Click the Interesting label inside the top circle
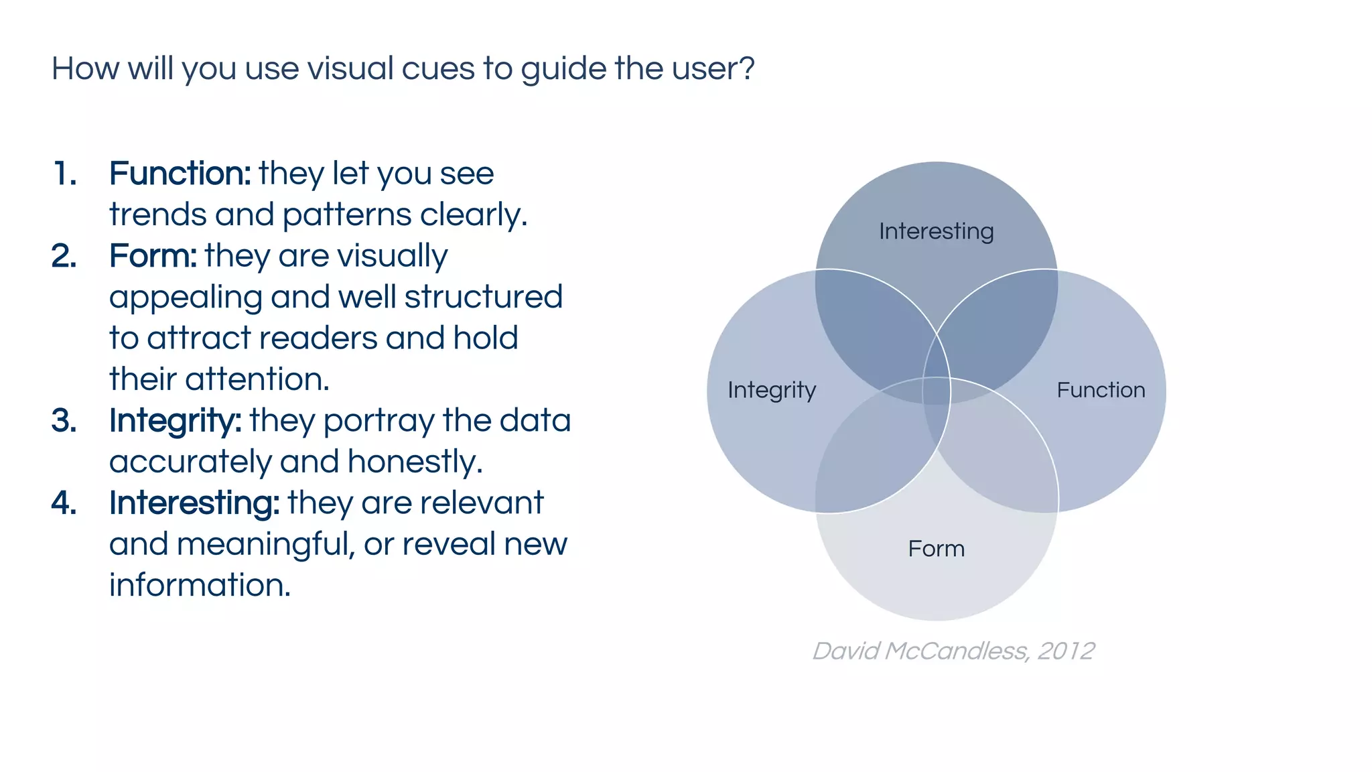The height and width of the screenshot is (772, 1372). pyautogui.click(x=936, y=231)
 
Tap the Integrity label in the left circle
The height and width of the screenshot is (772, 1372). pyautogui.click(x=772, y=390)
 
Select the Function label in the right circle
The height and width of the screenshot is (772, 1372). pyautogui.click(x=1101, y=390)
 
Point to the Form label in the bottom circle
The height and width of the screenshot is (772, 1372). pyautogui.click(x=936, y=549)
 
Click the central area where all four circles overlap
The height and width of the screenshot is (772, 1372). pyautogui.click(x=937, y=391)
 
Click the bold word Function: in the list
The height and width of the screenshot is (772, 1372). pyautogui.click(x=180, y=174)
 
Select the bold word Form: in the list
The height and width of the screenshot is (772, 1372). pyautogui.click(x=153, y=256)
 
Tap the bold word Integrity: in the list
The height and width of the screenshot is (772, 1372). pyautogui.click(x=175, y=421)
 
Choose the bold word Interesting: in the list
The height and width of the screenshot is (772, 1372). pyautogui.click(x=194, y=503)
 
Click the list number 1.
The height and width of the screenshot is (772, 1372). pyautogui.click(x=65, y=174)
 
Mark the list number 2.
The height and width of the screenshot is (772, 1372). pyautogui.click(x=64, y=256)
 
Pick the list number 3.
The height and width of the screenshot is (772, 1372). pyautogui.click(x=64, y=421)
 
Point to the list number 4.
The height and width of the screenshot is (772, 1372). pyautogui.click(x=64, y=503)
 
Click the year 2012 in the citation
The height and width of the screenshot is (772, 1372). pyautogui.click(x=1066, y=651)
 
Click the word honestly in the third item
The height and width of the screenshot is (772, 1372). pyautogui.click(x=415, y=462)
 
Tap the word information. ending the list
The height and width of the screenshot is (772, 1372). pyautogui.click(x=200, y=585)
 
